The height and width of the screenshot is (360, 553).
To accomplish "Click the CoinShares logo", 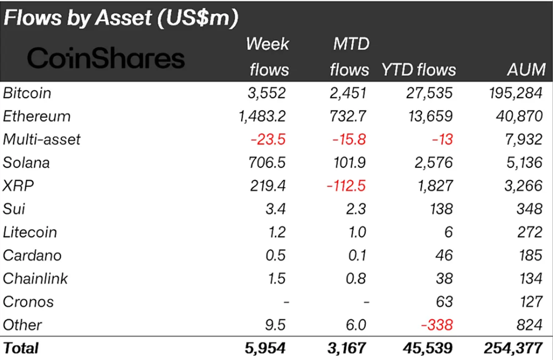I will tap(106, 58).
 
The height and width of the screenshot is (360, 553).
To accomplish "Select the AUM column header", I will tap(526, 69).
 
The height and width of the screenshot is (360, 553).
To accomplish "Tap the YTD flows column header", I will tap(418, 69).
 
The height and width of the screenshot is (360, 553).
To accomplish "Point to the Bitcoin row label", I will tap(27, 93).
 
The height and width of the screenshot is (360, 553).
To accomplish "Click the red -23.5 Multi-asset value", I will tap(269, 139).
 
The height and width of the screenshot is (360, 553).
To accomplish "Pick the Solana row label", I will tap(26, 163).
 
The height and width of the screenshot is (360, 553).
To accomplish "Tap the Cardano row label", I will tap(32, 256).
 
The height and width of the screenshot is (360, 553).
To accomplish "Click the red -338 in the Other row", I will tap(437, 325).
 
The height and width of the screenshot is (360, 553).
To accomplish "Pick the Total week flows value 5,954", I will tap(265, 347).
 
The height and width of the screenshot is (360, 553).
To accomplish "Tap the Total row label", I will tap(21, 347).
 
